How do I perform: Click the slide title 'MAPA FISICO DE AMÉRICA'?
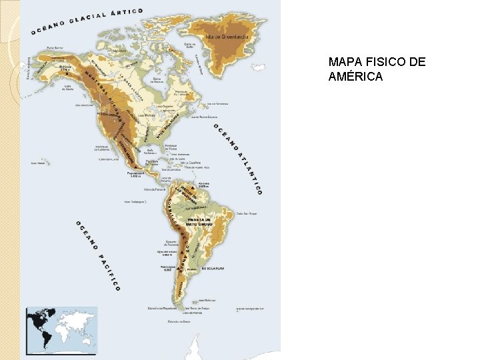[377, 69]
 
